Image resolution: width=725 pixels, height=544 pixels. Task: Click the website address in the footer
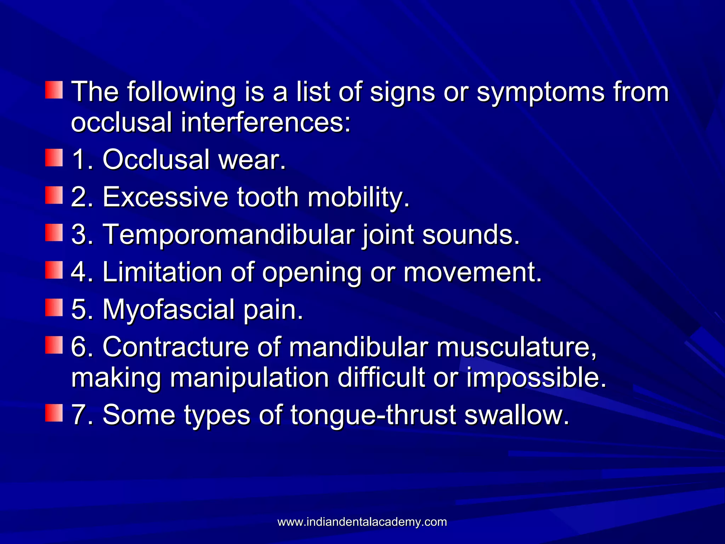(x=362, y=522)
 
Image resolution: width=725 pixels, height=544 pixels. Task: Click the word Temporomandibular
(x=228, y=234)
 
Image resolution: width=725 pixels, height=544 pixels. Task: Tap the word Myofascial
(x=169, y=310)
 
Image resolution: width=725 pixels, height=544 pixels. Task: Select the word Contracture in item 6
(x=175, y=347)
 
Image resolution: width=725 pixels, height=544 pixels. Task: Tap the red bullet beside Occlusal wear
(x=54, y=158)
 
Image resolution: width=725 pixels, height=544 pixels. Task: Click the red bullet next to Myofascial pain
(x=54, y=308)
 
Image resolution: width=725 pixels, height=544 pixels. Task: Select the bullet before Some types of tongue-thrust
(x=54, y=413)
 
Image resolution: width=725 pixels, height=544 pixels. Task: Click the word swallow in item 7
(x=516, y=415)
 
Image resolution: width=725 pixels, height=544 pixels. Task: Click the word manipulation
(x=249, y=378)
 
